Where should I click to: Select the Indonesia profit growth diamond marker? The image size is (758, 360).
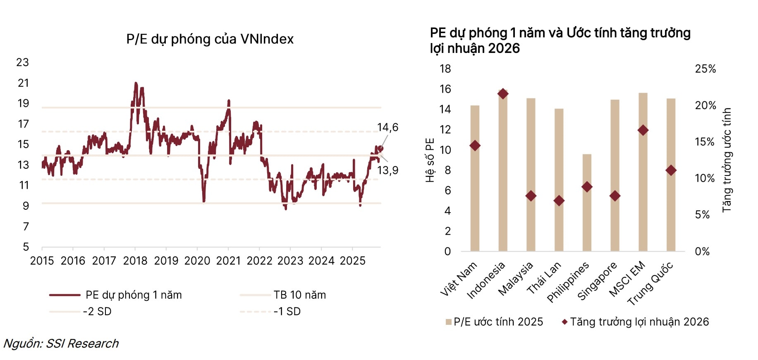(503, 94)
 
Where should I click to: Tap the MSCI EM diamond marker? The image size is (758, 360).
(643, 130)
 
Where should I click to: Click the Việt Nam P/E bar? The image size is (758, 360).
(475, 199)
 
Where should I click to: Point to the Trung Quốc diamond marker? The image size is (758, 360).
(671, 170)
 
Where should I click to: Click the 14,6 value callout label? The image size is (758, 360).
(387, 127)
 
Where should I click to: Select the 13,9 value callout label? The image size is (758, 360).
(387, 170)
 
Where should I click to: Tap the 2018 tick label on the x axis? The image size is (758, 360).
(135, 261)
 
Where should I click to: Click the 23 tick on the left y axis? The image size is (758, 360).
(23, 62)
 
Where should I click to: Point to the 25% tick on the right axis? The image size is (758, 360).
(705, 69)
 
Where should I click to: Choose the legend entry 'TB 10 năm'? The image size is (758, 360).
(299, 295)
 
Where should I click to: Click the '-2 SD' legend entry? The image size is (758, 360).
(97, 312)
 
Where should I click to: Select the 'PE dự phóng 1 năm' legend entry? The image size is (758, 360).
(133, 295)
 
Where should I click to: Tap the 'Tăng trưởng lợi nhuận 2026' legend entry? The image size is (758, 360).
(639, 322)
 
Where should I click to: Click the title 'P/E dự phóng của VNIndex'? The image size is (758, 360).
(210, 39)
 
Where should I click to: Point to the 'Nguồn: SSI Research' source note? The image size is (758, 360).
(61, 343)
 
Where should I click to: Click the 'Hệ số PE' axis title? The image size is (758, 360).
(430, 160)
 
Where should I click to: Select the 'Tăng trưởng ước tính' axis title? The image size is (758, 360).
(727, 160)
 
